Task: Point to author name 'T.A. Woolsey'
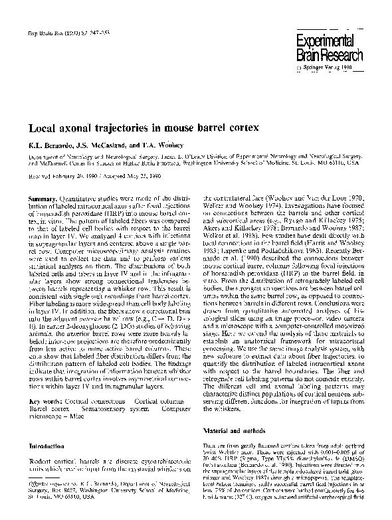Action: (x=166, y=143)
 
